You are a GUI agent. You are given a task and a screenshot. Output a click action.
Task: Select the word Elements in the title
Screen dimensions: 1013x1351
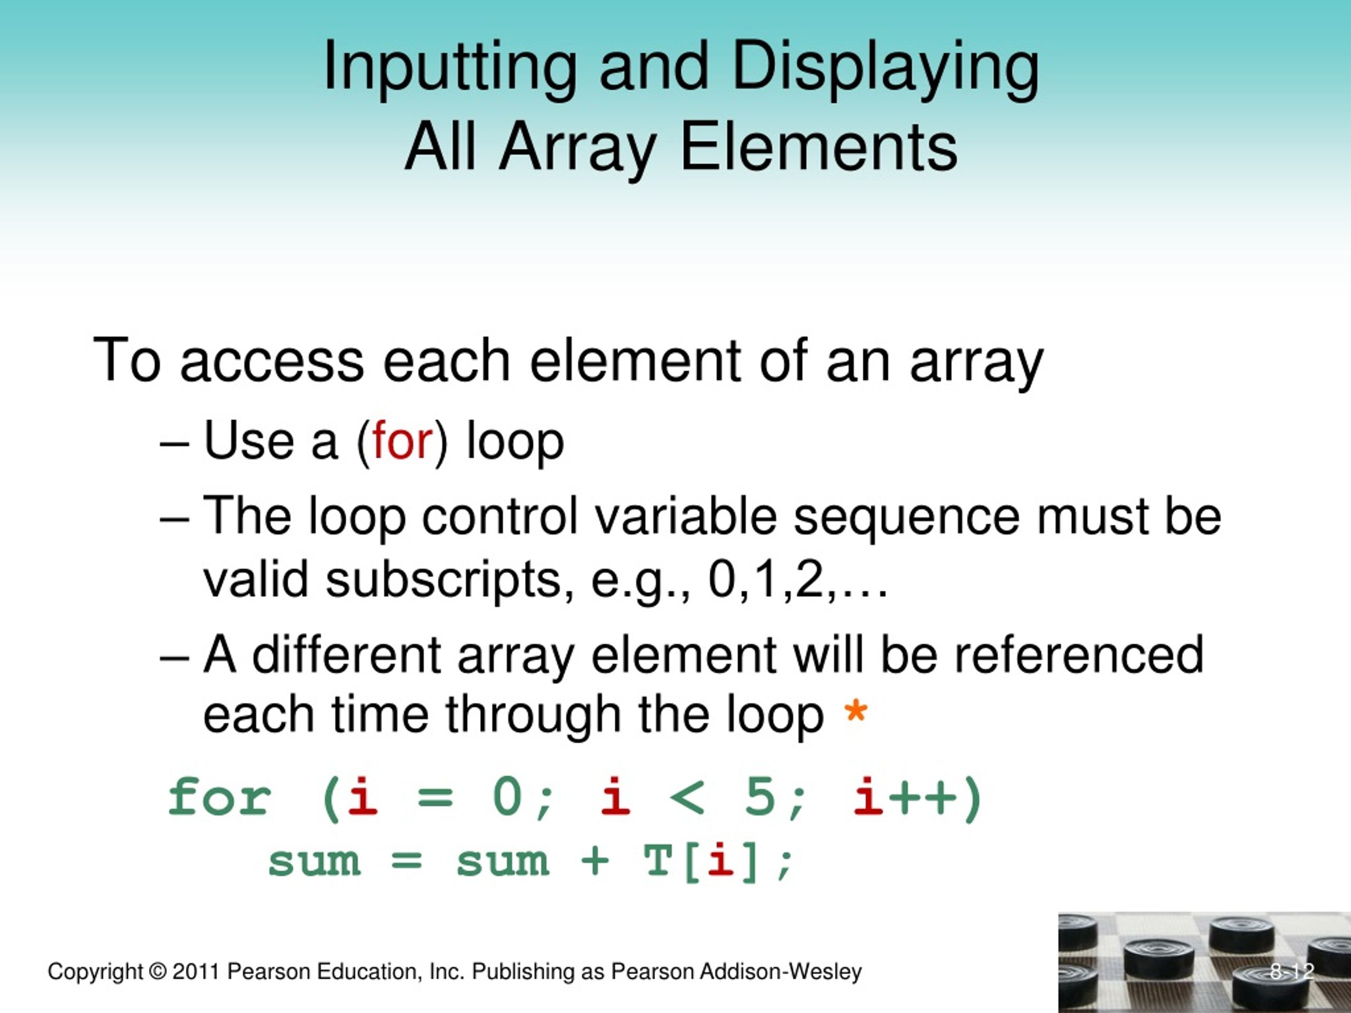[x=818, y=147]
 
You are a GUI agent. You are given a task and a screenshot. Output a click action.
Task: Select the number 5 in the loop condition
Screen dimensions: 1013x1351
[x=760, y=797]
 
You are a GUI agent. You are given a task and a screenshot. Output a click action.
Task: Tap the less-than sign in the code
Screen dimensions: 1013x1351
[x=687, y=797]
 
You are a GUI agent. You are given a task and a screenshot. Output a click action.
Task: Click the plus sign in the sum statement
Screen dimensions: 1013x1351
[x=594, y=862]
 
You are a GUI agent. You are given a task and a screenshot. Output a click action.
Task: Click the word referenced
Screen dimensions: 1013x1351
[x=1079, y=655]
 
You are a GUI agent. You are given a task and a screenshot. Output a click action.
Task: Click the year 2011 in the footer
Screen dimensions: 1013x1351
[x=195, y=971]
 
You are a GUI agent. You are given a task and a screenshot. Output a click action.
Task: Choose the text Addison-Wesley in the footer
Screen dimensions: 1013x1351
[x=780, y=971]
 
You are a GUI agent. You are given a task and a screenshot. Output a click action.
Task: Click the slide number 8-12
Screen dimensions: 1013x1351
[x=1291, y=971]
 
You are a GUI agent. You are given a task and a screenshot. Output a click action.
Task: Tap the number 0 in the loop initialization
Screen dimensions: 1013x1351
[x=507, y=797]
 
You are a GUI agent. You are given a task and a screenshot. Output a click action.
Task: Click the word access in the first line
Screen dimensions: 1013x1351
[x=272, y=361]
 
